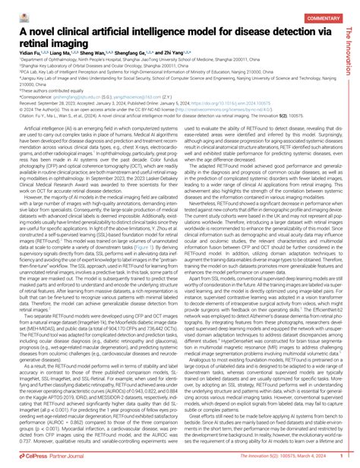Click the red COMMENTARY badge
pyautogui.click(x=324, y=17)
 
